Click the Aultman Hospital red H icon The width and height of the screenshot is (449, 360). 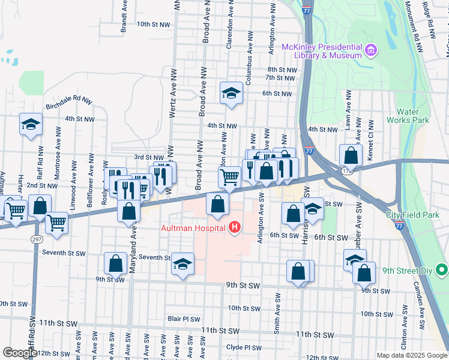click(x=235, y=227)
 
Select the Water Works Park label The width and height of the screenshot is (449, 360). click(x=412, y=116)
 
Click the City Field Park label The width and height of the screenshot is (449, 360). click(x=412, y=215)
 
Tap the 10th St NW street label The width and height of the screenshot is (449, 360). click(x=154, y=25)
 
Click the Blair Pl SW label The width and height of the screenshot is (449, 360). click(x=183, y=319)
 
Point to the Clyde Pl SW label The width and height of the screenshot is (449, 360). click(x=244, y=347)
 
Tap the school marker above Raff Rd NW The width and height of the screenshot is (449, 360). click(x=31, y=124)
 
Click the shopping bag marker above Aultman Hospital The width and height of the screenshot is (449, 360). click(x=217, y=204)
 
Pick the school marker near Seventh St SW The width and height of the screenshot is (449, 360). click(x=182, y=265)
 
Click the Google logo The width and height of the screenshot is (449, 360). click(x=20, y=353)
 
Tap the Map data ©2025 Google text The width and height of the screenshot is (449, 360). click(x=411, y=355)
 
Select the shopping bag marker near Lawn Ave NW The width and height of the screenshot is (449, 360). click(x=350, y=155)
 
